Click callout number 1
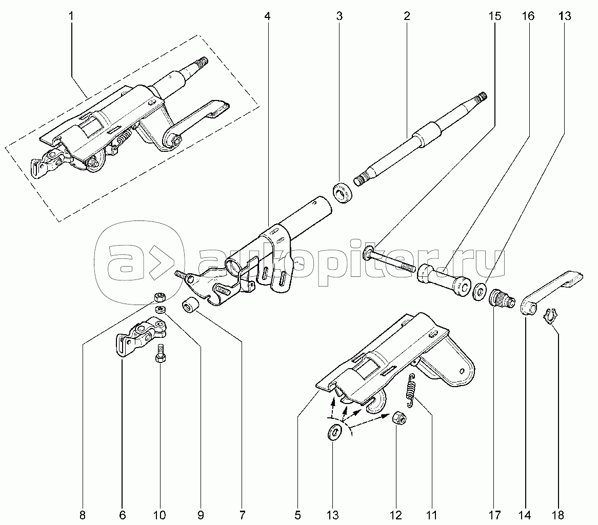point(71,16)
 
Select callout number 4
point(267,16)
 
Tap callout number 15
point(494,16)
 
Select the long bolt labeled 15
point(390,260)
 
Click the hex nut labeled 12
point(400,419)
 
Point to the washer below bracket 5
point(334,432)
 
